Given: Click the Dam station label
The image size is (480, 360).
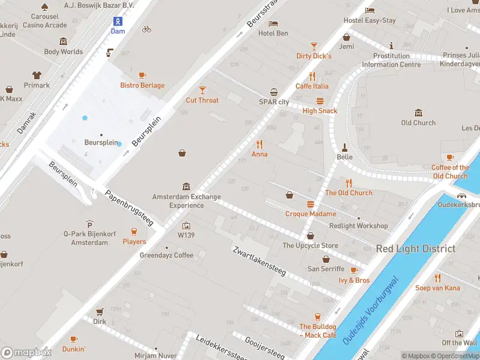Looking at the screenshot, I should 118,31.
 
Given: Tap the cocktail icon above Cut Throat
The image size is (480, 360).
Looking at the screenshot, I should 202,90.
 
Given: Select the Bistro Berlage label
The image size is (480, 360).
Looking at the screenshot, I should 142,85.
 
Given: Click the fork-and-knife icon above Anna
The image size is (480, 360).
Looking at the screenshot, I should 259,144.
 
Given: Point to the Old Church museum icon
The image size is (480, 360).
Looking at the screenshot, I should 418,113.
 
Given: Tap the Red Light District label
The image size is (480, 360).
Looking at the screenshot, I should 415,248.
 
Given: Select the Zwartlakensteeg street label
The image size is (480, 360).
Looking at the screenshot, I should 259,259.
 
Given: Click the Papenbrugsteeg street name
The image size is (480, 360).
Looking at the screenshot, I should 130,209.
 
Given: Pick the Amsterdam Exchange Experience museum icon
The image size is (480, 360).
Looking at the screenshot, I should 186,187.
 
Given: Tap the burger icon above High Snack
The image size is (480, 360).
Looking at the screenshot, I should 320,101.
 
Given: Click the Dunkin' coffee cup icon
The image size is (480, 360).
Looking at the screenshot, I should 73,339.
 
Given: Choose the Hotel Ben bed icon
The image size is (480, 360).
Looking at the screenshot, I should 273,23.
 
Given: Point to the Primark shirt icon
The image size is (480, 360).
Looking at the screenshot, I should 37,75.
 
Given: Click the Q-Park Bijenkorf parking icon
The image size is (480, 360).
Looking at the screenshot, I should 89,224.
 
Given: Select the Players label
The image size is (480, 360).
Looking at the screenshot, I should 134,242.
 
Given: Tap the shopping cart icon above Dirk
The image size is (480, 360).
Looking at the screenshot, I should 99,311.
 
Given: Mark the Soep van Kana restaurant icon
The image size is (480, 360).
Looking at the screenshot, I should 437,278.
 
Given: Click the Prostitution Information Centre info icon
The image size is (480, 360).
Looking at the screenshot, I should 391,46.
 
